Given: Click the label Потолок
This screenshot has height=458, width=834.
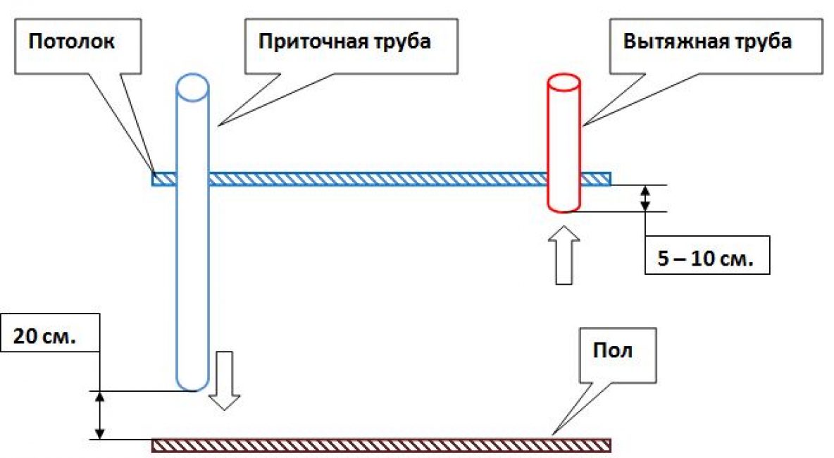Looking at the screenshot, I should (71, 40).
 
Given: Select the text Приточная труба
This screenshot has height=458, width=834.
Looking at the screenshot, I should (344, 41).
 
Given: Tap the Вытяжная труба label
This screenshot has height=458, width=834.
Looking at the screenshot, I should (707, 41).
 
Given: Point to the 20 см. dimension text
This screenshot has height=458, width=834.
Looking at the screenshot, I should (44, 336).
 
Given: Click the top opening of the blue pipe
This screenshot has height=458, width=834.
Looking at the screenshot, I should (192, 86).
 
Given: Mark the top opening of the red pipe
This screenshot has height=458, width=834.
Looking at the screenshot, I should (564, 82).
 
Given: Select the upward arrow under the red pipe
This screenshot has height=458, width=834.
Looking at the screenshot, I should (564, 254).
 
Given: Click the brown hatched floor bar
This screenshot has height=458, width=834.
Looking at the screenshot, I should (380, 445).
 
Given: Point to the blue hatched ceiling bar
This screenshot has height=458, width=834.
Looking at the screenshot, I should (380, 179).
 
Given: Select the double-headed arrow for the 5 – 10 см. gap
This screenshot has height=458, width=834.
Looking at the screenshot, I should (645, 198).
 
